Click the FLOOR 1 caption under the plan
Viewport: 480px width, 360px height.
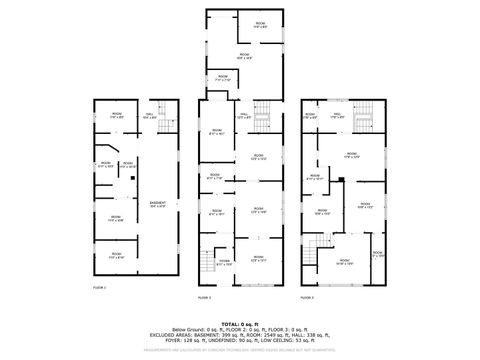coord(99,288)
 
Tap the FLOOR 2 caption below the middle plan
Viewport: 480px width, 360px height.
coord(204,297)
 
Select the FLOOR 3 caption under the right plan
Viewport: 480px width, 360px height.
coord(307,297)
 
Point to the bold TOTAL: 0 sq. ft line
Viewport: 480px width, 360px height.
coord(239,323)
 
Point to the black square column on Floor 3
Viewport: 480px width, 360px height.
coord(341,179)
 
